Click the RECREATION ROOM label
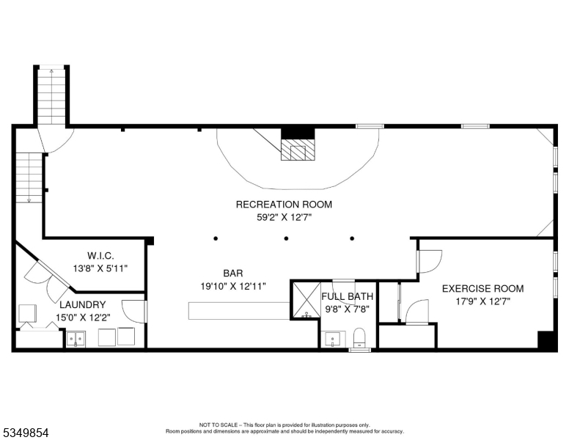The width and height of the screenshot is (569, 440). tap(284, 205)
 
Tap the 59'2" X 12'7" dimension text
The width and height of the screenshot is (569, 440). tap(284, 218)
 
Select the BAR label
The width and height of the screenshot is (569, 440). tap(233, 273)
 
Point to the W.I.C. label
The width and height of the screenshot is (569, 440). tap(101, 256)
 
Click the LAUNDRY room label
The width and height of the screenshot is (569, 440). tap(83, 304)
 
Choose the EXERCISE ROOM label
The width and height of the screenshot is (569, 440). tap(482, 289)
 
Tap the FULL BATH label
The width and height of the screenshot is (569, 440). tap(348, 296)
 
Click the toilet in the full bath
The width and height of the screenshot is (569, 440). tap(359, 337)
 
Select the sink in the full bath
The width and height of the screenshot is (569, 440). tap(333, 340)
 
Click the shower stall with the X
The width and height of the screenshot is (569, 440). tap(306, 300)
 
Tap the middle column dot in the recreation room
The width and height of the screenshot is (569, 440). tap(286, 238)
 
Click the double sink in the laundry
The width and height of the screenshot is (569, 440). tap(76, 339)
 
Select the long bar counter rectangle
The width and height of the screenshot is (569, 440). tap(240, 311)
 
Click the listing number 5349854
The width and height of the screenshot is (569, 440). tap(26, 433)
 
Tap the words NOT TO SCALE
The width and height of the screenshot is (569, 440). tap(219, 425)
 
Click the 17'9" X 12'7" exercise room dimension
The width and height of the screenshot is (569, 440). tap(483, 301)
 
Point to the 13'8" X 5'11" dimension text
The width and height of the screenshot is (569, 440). tap(100, 268)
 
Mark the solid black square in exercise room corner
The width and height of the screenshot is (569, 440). tap(546, 340)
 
